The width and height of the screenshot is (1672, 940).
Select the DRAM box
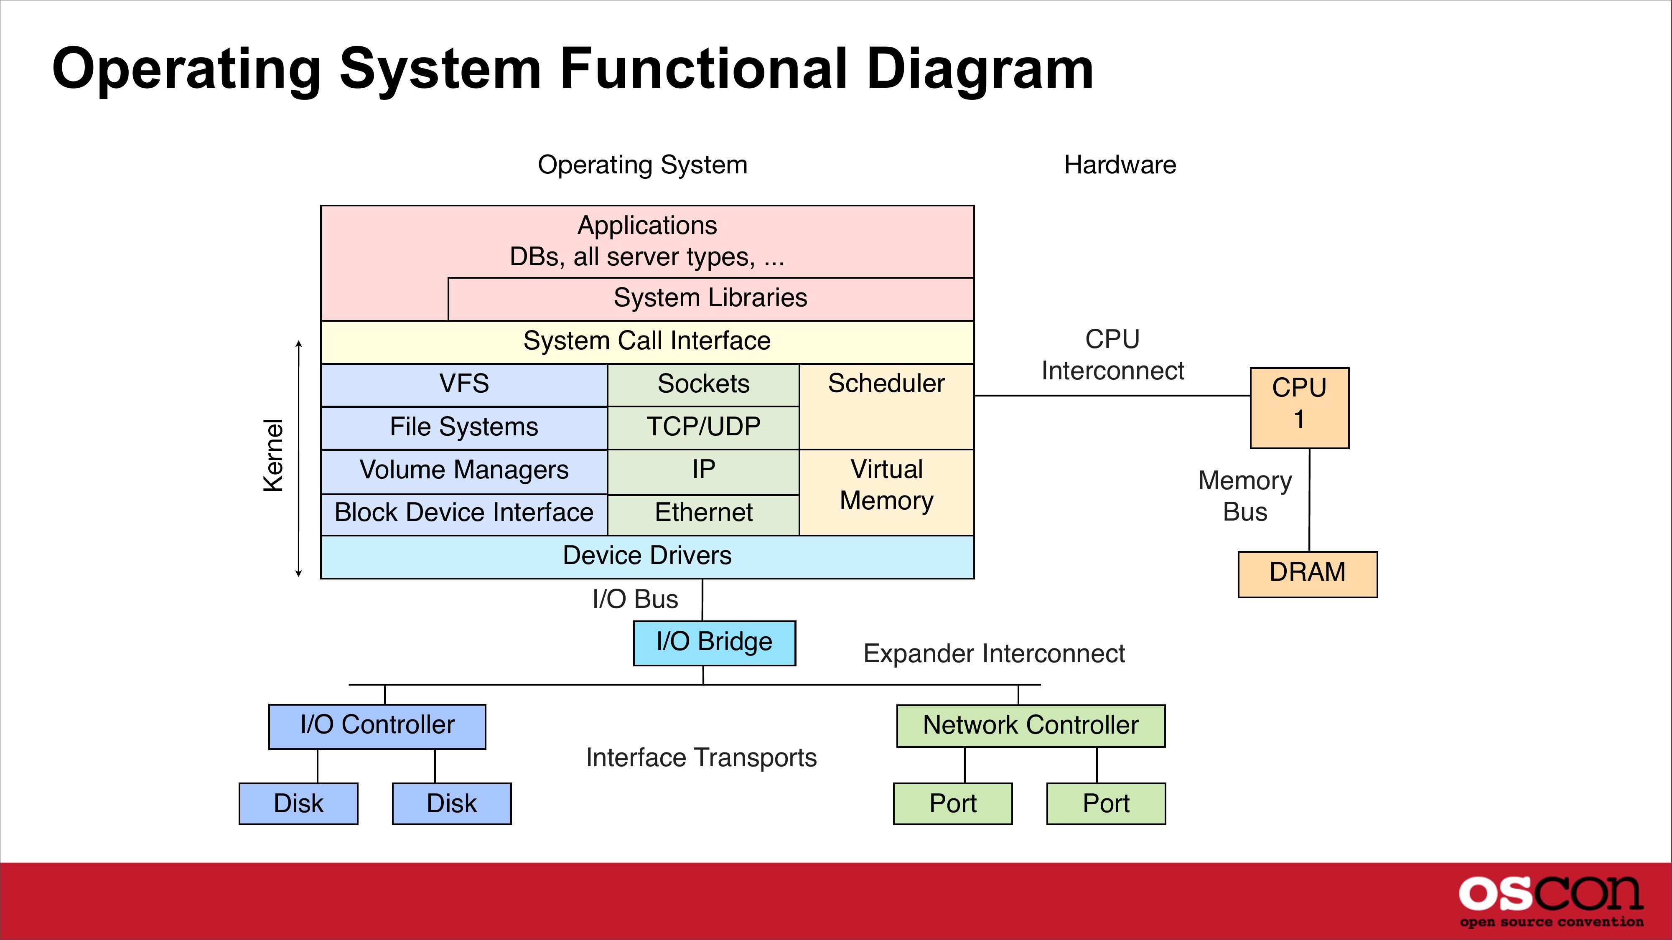click(1307, 574)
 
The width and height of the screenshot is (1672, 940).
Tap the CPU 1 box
click(1299, 407)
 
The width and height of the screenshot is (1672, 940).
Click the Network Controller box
click(1030, 725)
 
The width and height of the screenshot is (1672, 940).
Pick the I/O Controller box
click(377, 726)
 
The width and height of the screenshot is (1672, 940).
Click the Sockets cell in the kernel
click(703, 384)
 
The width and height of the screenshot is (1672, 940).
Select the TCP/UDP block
click(703, 427)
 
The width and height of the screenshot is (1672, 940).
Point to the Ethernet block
click(703, 513)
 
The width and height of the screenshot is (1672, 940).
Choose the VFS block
click(464, 384)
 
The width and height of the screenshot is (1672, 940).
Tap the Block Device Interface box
click(464, 513)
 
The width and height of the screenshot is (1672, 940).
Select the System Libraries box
click(710, 298)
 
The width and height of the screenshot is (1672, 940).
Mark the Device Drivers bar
click(647, 556)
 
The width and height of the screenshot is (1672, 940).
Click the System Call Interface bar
click(647, 341)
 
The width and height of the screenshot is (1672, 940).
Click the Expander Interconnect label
click(994, 654)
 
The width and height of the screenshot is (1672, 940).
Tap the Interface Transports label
click(701, 758)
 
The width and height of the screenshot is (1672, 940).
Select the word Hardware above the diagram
click(1120, 165)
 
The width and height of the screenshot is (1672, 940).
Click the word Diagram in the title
click(980, 69)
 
